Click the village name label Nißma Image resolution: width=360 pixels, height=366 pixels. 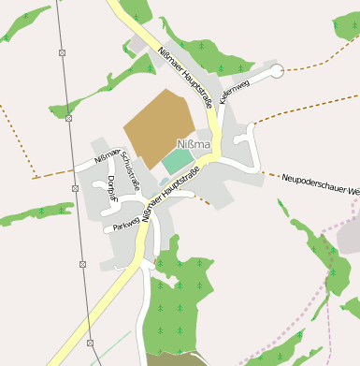point(194,144)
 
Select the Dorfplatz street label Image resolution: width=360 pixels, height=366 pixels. point(111,187)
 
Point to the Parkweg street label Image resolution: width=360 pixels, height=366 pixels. point(125,224)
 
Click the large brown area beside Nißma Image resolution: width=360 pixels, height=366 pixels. point(158,123)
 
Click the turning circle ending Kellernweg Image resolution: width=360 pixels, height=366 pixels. point(276,71)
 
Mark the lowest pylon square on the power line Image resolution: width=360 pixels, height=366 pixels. point(91,344)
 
